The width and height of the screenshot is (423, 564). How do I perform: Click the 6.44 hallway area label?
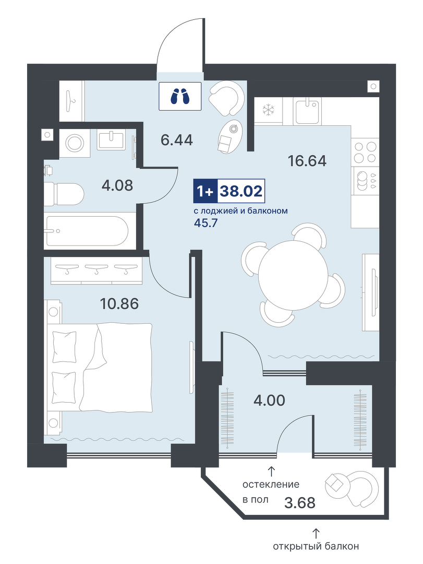176,139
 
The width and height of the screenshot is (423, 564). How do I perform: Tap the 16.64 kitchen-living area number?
307,161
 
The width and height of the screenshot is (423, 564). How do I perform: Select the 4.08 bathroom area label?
117,185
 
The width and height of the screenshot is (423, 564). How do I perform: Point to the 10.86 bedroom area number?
119,304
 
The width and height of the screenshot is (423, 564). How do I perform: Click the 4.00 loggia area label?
269,400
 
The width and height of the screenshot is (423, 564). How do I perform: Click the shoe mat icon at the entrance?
180,96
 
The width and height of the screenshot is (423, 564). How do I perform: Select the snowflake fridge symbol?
268,110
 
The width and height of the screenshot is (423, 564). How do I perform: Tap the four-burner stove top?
365,152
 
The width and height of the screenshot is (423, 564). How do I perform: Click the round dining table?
293,273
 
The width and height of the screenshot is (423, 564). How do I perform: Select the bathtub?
86,231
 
